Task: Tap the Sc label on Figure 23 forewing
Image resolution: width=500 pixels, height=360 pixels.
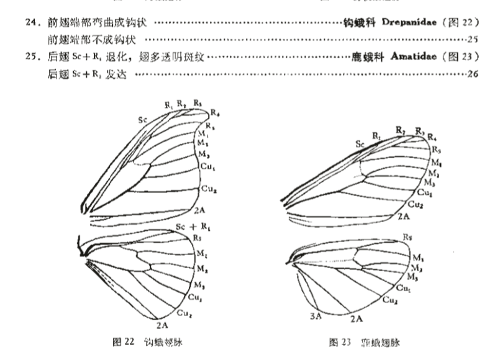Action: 360,144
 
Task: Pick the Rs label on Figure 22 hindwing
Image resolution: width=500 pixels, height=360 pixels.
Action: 198,237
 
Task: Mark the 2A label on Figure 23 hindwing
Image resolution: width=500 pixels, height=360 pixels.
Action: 357,318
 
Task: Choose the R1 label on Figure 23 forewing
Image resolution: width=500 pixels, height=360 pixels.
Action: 376,135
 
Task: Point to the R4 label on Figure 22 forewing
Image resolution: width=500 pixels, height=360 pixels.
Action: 214,112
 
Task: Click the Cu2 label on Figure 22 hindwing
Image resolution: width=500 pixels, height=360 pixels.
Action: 183,313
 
